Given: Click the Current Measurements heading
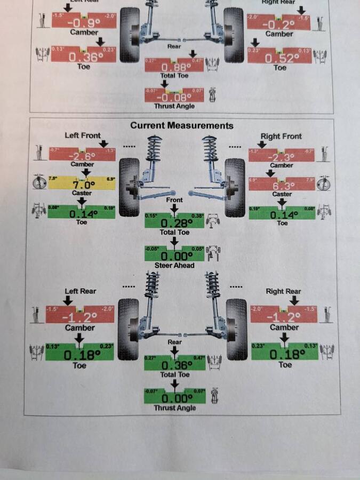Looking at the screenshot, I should click(182, 126).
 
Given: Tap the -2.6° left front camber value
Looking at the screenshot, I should click(82, 156).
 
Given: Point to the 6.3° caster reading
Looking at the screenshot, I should click(282, 186).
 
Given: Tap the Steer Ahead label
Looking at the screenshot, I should click(174, 266).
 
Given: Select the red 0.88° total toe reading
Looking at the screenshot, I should click(174, 67).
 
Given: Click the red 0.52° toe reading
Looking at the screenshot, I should click(281, 58).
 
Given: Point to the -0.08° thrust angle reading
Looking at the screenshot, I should click(174, 97).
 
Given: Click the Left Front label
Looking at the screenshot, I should click(83, 135).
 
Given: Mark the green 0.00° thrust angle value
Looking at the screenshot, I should click(174, 398).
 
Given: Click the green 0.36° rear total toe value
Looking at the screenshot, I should click(174, 365).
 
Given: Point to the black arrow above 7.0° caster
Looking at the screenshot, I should click(86, 172).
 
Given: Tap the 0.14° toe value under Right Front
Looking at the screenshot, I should click(282, 214).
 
